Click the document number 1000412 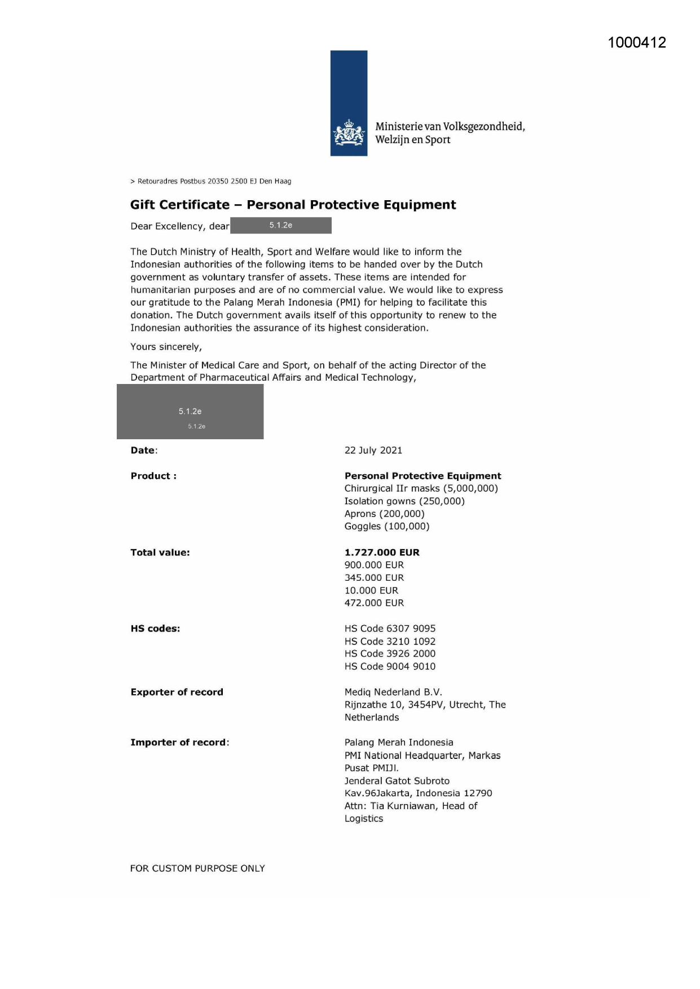click(x=637, y=43)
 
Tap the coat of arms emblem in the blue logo click(x=349, y=134)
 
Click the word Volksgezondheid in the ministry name click(x=484, y=126)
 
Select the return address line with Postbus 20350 click(x=211, y=182)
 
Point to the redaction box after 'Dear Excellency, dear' click(x=280, y=226)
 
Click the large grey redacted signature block click(x=190, y=412)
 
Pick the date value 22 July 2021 click(x=373, y=451)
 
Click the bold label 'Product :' click(x=153, y=476)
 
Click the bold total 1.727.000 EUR click(x=382, y=553)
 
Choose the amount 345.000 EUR click(x=374, y=578)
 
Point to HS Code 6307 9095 click(x=390, y=629)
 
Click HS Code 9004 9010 click(x=390, y=666)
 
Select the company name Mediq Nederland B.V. click(x=393, y=692)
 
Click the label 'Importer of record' click(x=178, y=743)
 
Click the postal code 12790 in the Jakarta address click(x=478, y=793)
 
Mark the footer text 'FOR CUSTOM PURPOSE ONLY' click(x=197, y=869)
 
